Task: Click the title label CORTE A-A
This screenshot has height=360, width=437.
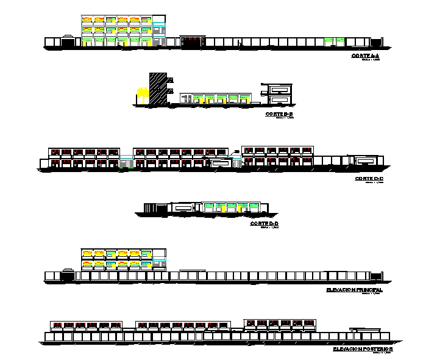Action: pyautogui.click(x=365, y=56)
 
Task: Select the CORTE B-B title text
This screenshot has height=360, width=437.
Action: pyautogui.click(x=280, y=114)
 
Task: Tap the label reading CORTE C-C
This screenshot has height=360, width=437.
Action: pyautogui.click(x=368, y=179)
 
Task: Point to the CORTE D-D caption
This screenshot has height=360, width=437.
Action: pyautogui.click(x=264, y=225)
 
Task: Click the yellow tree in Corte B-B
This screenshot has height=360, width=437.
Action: pyautogui.click(x=143, y=95)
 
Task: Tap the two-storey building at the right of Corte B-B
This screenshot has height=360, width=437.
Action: pyautogui.click(x=279, y=93)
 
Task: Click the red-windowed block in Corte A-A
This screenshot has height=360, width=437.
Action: pyautogui.click(x=192, y=41)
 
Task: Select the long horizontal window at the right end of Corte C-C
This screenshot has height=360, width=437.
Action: pyautogui.click(x=366, y=160)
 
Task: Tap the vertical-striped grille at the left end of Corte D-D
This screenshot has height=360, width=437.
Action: pyautogui.click(x=150, y=208)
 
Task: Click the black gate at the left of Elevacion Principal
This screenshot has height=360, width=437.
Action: pyautogui.click(x=66, y=276)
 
